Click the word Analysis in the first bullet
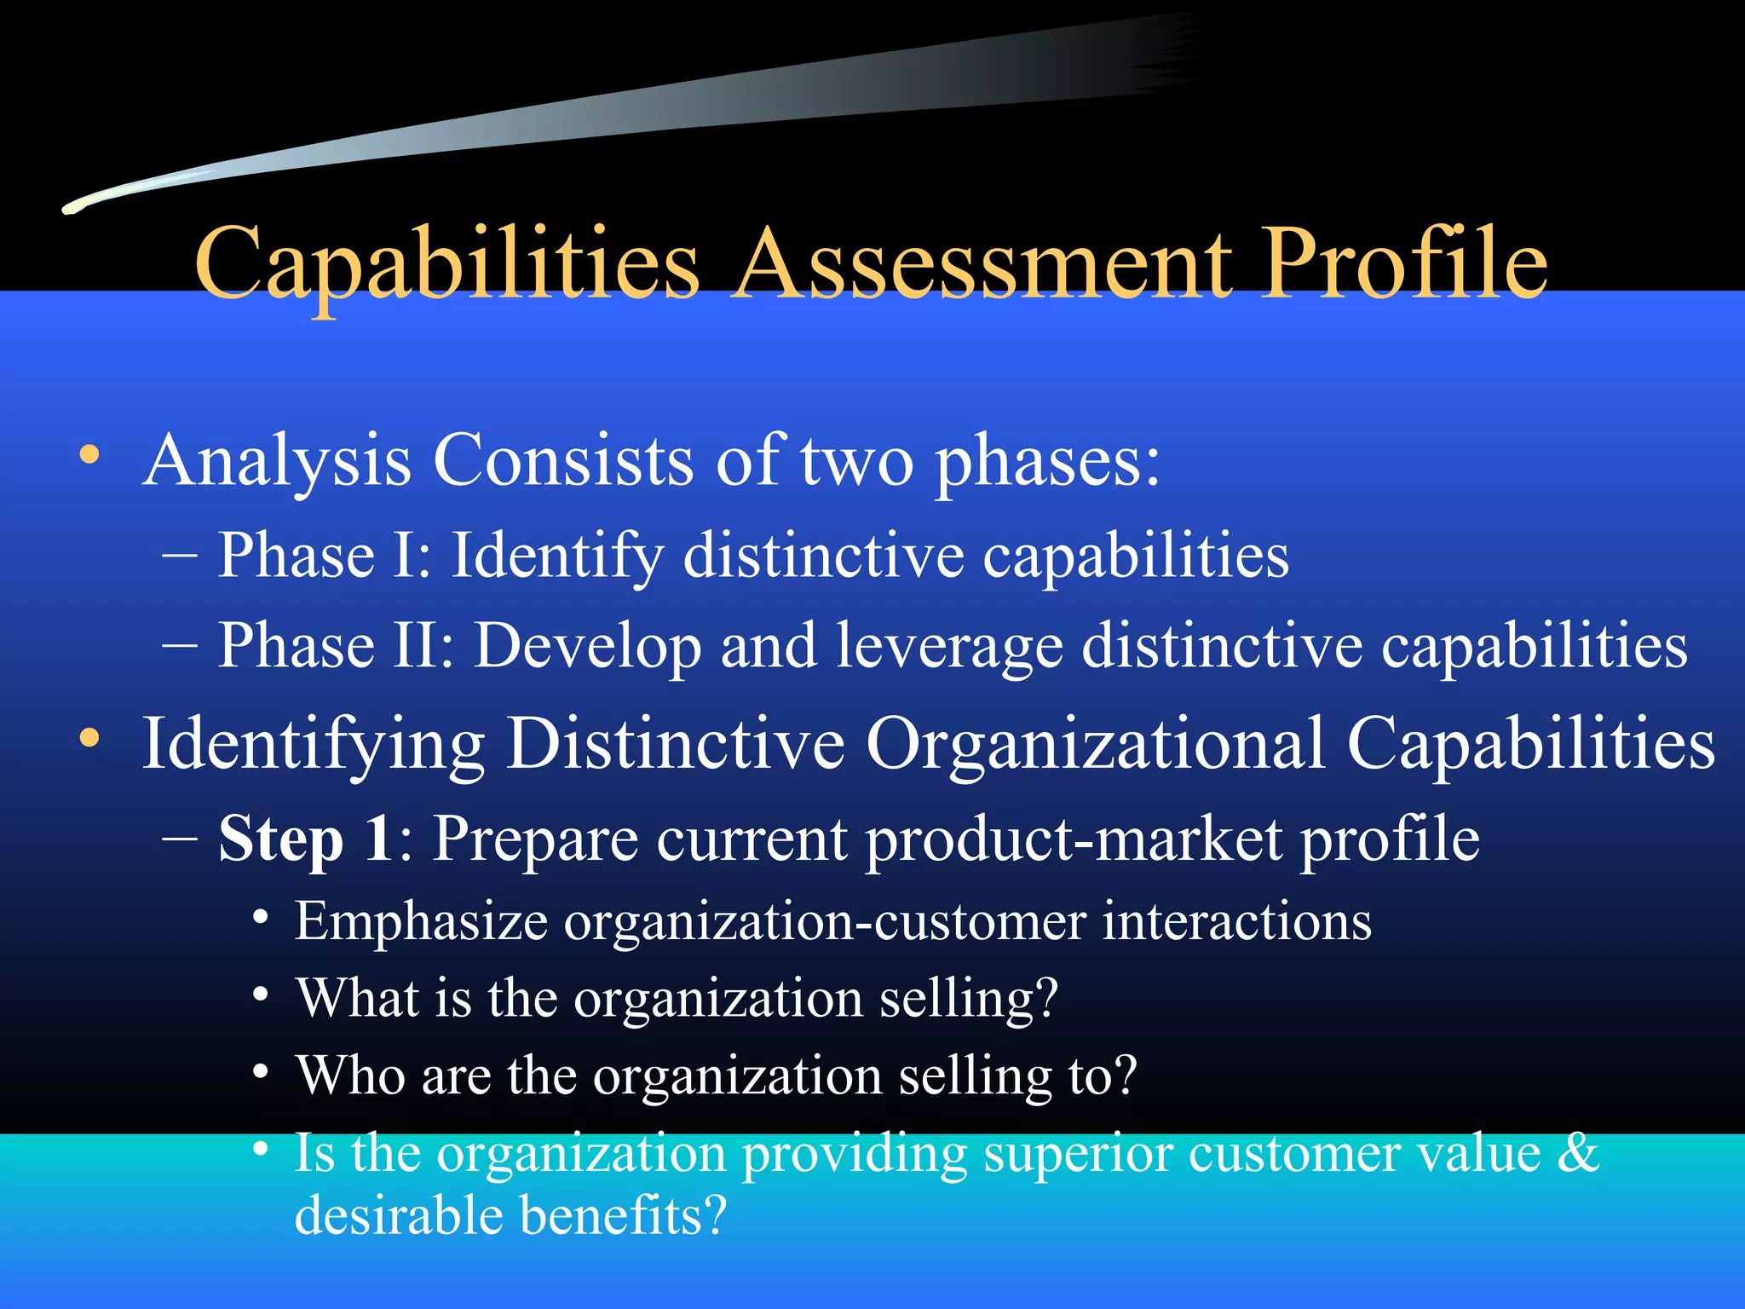[278, 461]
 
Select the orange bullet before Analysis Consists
[89, 454]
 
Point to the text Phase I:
[325, 556]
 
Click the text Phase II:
[336, 645]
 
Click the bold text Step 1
[305, 839]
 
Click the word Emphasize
[421, 922]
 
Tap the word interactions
[1236, 922]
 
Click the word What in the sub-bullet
[358, 998]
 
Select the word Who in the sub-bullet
[350, 1075]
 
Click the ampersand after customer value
[1578, 1153]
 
